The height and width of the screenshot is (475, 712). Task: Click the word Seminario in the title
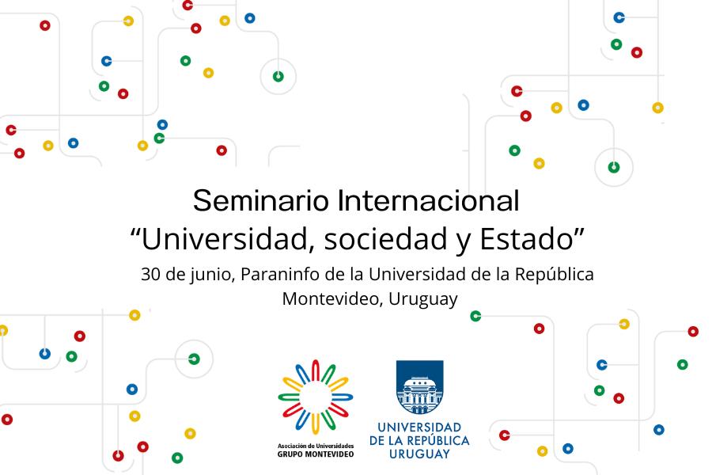pyautogui.click(x=260, y=200)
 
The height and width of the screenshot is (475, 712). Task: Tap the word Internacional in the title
pyautogui.click(x=428, y=200)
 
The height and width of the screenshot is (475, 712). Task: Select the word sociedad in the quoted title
pyautogui.click(x=385, y=239)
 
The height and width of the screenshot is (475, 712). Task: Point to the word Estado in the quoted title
pyautogui.click(x=526, y=239)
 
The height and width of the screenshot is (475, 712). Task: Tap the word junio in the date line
pyautogui.click(x=213, y=275)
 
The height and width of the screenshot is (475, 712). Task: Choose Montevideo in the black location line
pyautogui.click(x=333, y=299)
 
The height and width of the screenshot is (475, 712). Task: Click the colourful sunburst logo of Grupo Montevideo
pyautogui.click(x=316, y=397)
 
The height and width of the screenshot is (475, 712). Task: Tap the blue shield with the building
pyautogui.click(x=419, y=387)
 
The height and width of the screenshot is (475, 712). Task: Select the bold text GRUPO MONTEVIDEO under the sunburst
pyautogui.click(x=316, y=454)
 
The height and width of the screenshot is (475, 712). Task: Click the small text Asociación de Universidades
pyautogui.click(x=316, y=446)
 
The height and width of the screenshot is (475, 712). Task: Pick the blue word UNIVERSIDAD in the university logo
pyautogui.click(x=419, y=427)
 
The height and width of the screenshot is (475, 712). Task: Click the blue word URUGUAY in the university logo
pyautogui.click(x=419, y=454)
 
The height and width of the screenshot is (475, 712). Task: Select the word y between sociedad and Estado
pyautogui.click(x=463, y=242)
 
